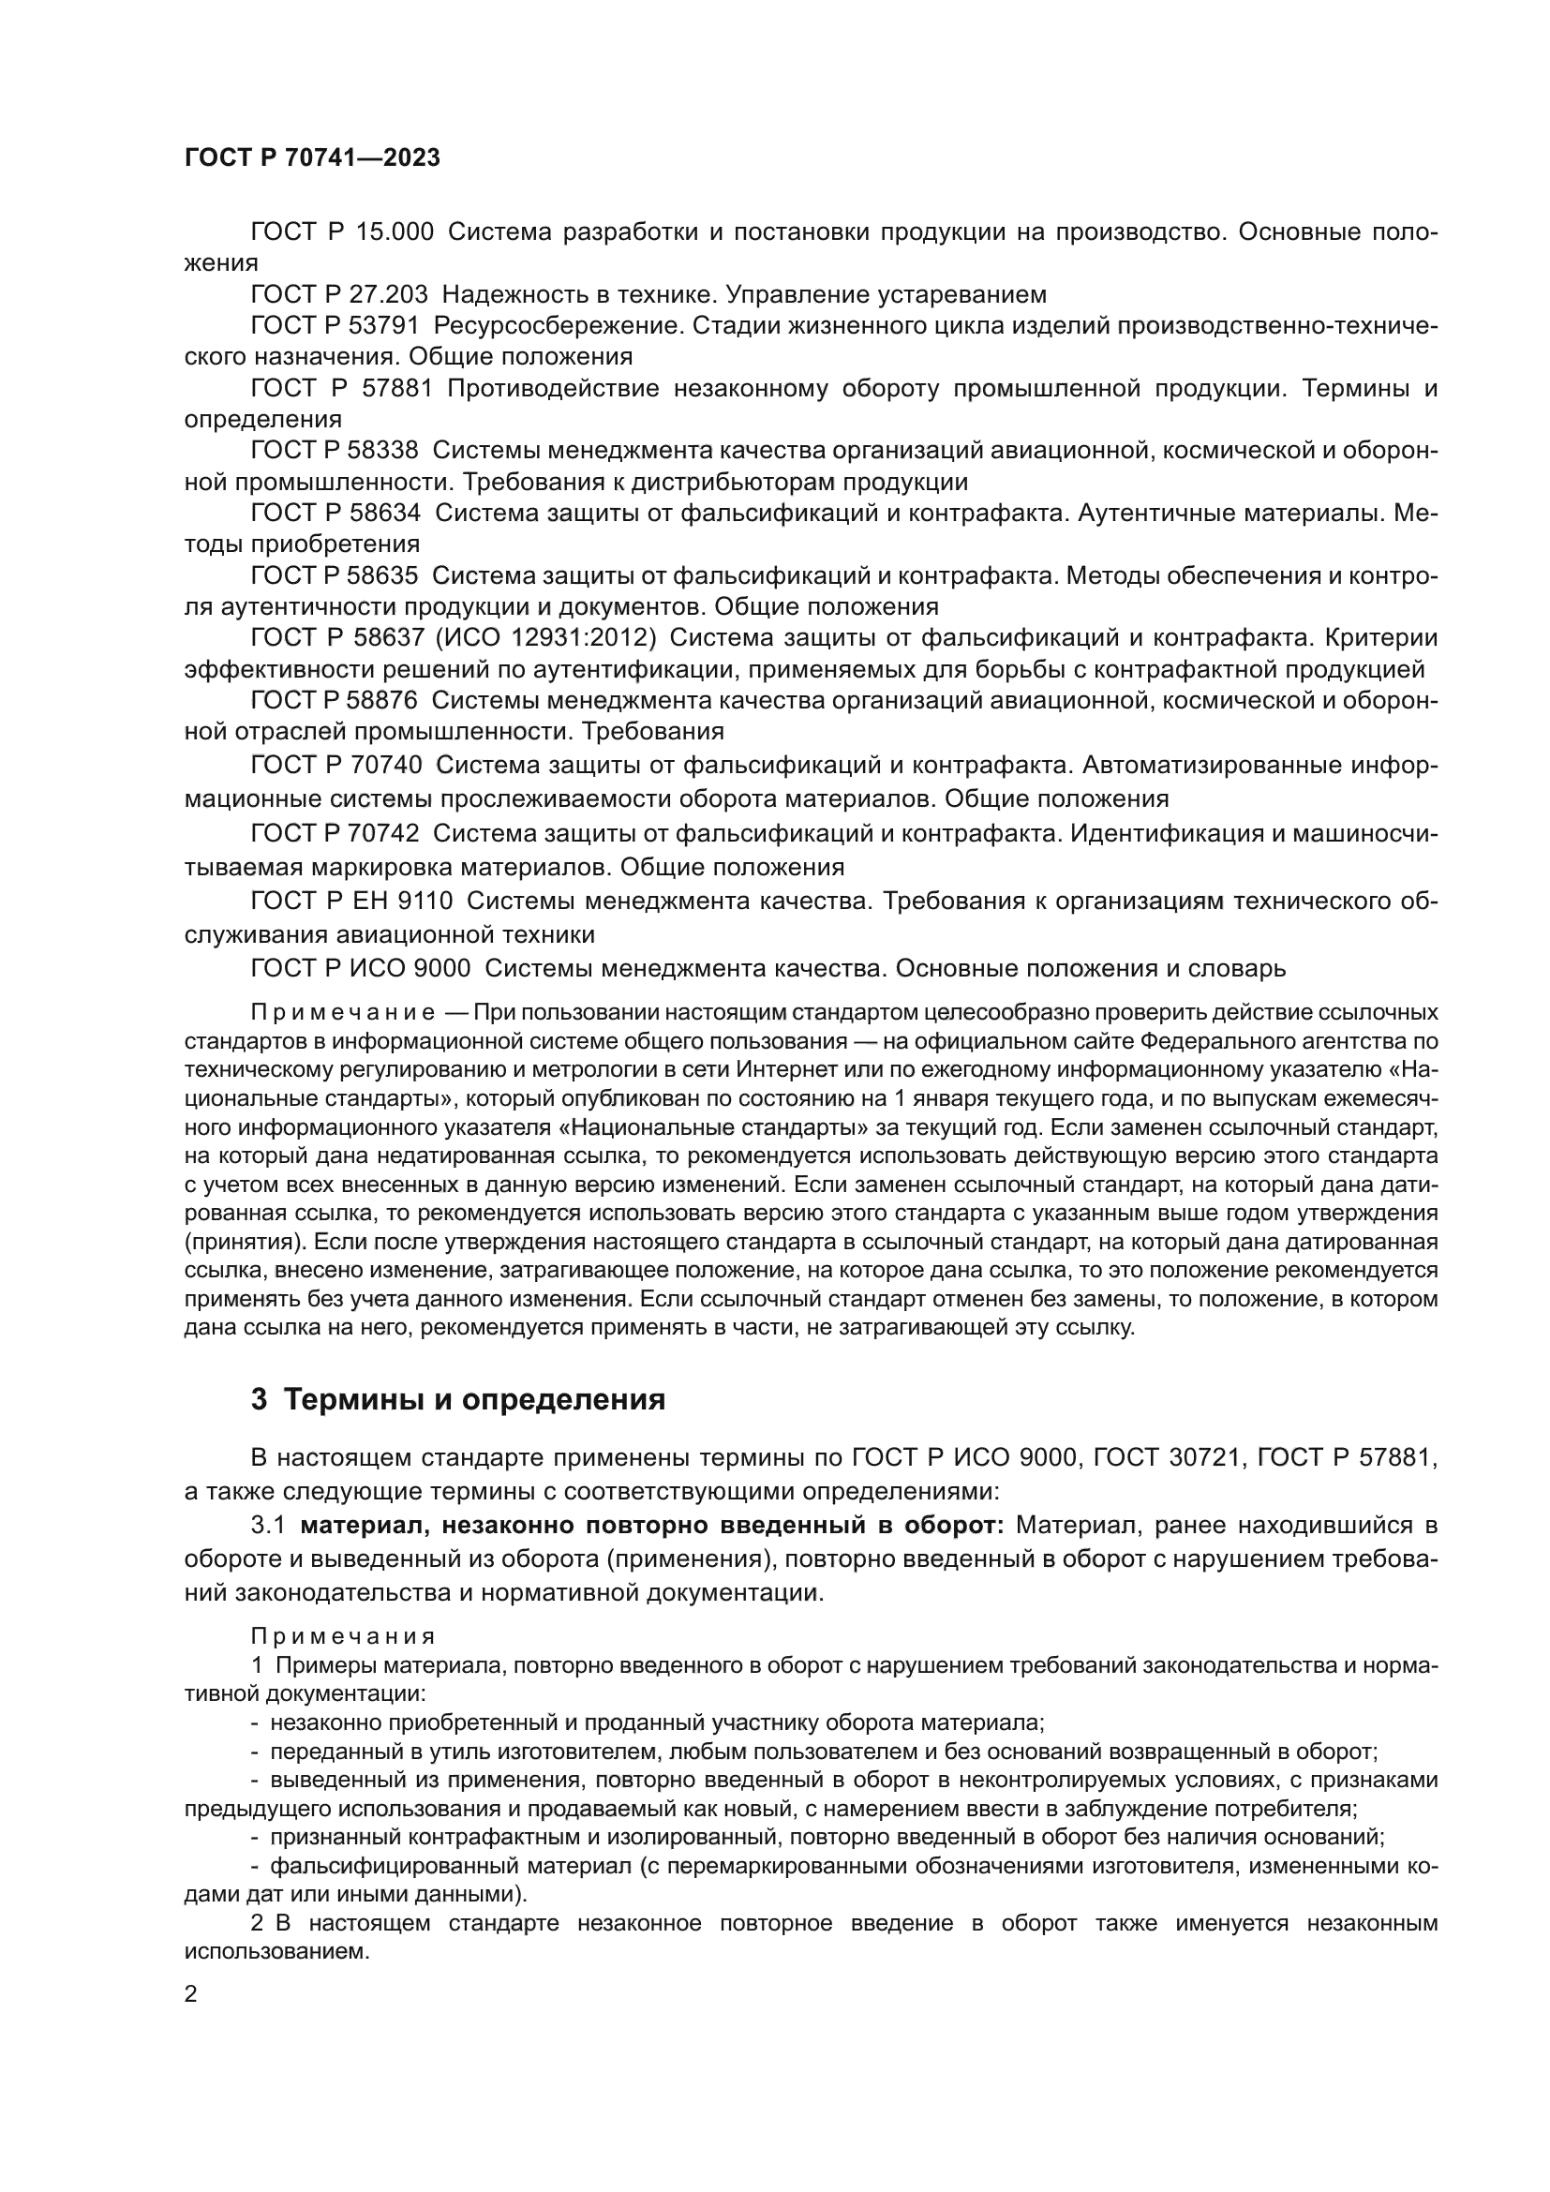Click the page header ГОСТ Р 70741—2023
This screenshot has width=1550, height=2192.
coord(311,158)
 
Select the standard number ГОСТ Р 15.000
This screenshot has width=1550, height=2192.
coord(342,232)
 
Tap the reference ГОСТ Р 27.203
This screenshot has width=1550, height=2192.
coord(339,294)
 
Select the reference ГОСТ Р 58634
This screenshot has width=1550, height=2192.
coord(335,513)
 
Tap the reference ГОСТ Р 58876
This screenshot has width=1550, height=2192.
coord(334,700)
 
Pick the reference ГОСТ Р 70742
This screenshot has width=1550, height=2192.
coord(334,833)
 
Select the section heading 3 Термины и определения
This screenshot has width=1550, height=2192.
coord(457,1399)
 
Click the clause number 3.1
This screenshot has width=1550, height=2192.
coord(267,1525)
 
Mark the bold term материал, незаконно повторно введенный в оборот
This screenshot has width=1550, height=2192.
coord(652,1525)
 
